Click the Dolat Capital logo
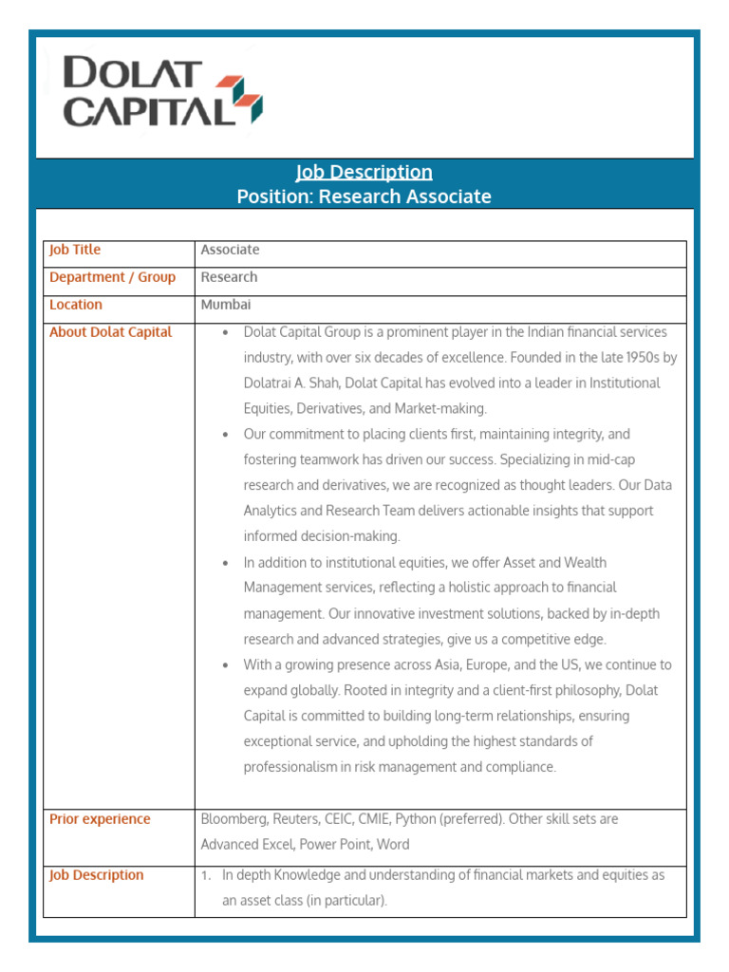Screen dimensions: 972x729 (x=161, y=92)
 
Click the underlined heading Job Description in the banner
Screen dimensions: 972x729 (x=364, y=172)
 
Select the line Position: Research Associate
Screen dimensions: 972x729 (x=364, y=196)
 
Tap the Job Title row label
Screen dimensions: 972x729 (x=75, y=250)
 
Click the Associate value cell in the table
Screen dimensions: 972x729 (x=230, y=250)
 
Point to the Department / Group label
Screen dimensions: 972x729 (x=112, y=277)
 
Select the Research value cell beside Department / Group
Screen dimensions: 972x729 (x=229, y=277)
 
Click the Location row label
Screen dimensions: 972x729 (x=76, y=305)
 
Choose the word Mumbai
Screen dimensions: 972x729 (x=226, y=305)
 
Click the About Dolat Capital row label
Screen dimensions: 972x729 (x=110, y=332)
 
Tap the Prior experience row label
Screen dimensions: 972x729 (x=100, y=819)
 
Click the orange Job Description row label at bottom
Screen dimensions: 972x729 (x=97, y=875)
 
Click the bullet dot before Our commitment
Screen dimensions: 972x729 (x=224, y=435)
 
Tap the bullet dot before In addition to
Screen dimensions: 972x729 (x=224, y=563)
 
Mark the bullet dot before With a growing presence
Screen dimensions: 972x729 (x=224, y=665)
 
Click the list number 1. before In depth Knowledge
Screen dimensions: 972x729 (x=206, y=876)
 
